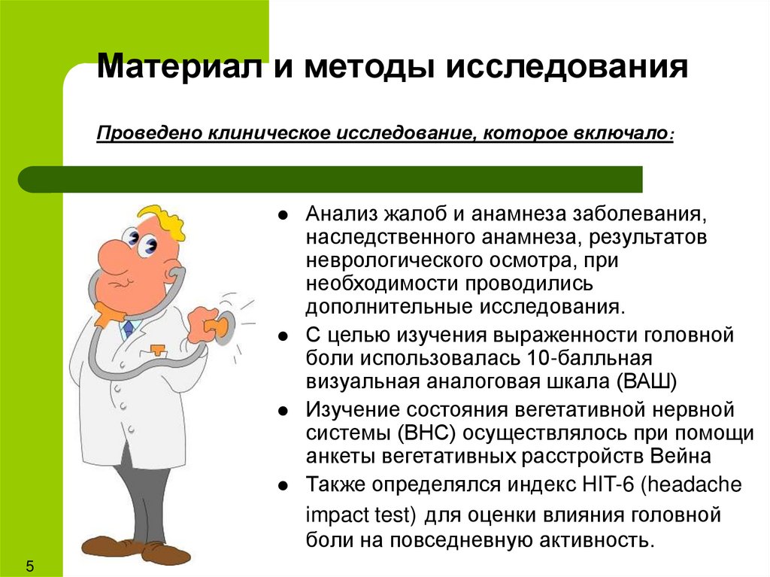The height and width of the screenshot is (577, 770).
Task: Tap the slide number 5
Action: click(31, 565)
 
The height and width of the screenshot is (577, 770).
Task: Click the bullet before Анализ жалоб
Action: click(283, 214)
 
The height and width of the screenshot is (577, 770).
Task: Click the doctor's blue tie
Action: click(128, 328)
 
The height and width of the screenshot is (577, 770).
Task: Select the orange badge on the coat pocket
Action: click(157, 351)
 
